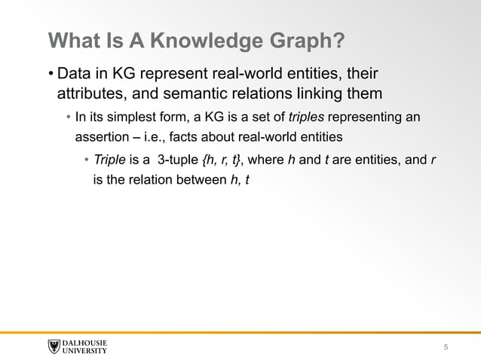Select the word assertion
pyautogui.click(x=102, y=138)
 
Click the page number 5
pyautogui.click(x=446, y=346)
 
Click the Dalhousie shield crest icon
pyautogui.click(x=54, y=346)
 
